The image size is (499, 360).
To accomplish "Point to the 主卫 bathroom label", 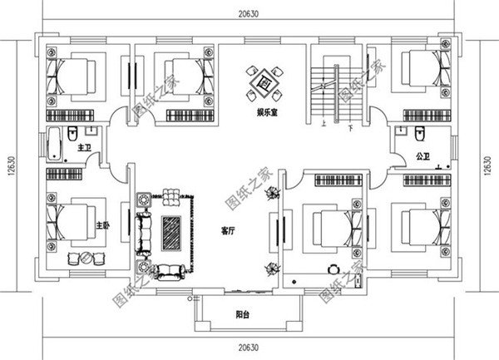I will pyautogui.click(x=83, y=148).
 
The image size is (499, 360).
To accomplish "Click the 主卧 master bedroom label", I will pyautogui.click(x=102, y=225).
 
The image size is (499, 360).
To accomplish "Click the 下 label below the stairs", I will pyautogui.click(x=352, y=127).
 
